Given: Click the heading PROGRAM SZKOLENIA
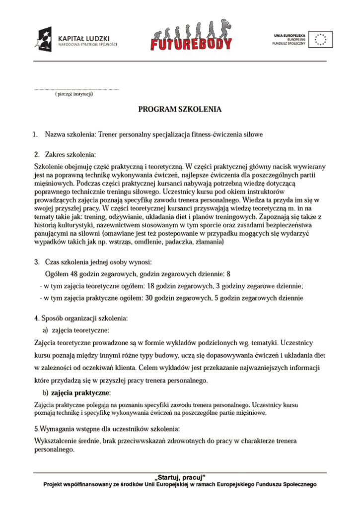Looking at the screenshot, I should click(180, 110).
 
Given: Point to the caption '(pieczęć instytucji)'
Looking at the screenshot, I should click(74, 94).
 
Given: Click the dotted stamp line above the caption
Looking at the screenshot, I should click(76, 89).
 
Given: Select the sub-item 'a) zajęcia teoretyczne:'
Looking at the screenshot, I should click(76, 330).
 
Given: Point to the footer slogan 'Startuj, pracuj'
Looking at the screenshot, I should click(180, 477).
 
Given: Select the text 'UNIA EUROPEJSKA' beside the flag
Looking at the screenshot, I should click(290, 35).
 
